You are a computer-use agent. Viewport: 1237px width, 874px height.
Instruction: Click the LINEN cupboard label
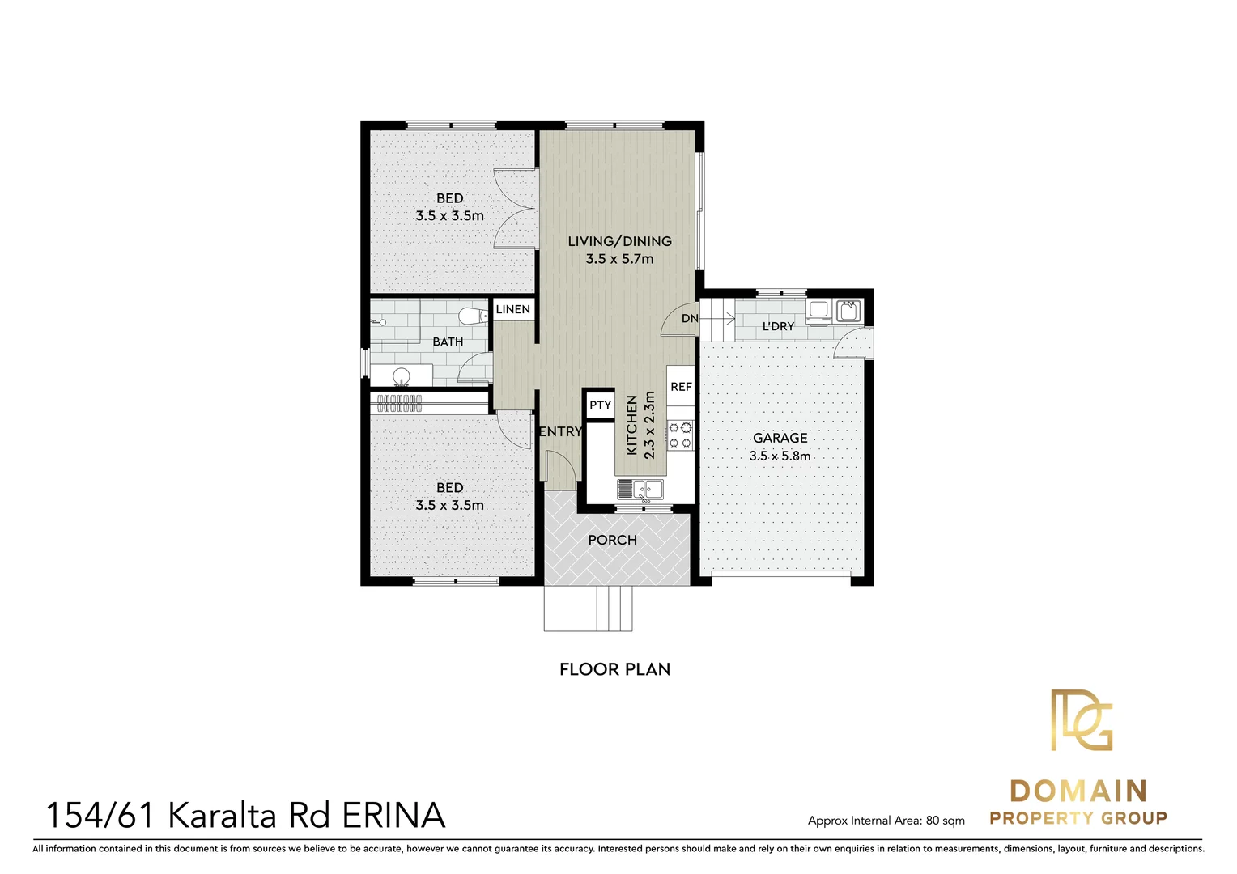[512, 309]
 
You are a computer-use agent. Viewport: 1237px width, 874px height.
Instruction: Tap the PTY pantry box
[600, 405]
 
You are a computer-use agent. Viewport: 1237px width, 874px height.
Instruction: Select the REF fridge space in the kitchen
[681, 387]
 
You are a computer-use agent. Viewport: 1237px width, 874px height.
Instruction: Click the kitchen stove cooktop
[680, 435]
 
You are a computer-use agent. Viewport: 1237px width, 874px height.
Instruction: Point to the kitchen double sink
[640, 489]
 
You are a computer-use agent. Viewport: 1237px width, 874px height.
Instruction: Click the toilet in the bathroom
[470, 316]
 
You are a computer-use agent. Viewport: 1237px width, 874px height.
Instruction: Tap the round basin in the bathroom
[401, 376]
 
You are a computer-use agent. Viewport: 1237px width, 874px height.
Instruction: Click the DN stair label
[690, 319]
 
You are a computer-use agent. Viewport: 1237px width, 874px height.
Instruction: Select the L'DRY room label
[778, 326]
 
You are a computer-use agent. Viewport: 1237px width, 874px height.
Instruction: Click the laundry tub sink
[848, 309]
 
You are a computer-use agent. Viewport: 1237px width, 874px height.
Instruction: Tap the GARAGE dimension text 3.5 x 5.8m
[780, 456]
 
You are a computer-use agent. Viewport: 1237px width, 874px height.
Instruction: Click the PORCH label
[612, 540]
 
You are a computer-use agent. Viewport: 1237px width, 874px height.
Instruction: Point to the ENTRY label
[560, 432]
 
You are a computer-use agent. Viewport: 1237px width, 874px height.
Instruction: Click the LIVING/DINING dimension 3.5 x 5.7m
[619, 259]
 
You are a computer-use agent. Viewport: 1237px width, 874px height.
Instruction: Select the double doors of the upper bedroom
[516, 208]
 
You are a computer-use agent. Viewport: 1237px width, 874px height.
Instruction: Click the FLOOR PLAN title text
[614, 669]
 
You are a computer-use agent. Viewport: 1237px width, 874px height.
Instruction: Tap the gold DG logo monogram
[1081, 720]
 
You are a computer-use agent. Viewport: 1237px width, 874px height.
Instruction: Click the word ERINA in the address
[393, 816]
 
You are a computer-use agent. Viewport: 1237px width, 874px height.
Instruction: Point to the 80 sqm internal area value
[945, 821]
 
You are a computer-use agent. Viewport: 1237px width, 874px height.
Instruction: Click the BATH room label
[448, 342]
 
